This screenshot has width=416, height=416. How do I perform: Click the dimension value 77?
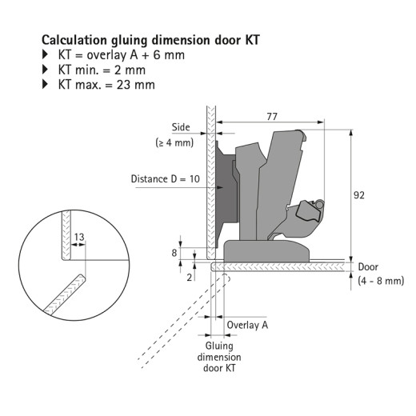coord(272,117)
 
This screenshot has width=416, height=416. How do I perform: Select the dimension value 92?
coord(359,195)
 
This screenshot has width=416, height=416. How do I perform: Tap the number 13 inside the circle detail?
coord(79,237)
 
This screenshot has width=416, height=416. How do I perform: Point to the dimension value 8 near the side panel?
coord(174,253)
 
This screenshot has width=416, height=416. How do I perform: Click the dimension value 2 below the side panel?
coord(190,278)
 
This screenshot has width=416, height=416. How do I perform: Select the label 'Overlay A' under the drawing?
coord(247,325)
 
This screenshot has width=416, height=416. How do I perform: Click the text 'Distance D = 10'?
coord(166,178)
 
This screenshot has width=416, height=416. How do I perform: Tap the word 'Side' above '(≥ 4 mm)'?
coord(181,127)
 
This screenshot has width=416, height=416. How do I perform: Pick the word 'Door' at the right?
coord(368,266)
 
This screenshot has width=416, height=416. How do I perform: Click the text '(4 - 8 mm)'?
coord(381,281)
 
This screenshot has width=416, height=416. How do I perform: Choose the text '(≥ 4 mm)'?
coord(174,142)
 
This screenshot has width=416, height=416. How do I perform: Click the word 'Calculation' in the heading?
coord(74,40)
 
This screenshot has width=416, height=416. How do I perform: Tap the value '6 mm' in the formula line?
coord(169,55)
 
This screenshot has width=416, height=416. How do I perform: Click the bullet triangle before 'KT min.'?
coord(45,70)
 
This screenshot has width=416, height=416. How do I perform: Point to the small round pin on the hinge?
coord(319,204)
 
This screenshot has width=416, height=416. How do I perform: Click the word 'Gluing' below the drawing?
coord(219,346)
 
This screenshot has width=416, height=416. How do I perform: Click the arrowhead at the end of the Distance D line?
coord(220,188)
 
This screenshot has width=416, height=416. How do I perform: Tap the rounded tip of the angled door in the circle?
coord(82,278)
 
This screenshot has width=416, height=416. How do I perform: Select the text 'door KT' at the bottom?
coord(219,368)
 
